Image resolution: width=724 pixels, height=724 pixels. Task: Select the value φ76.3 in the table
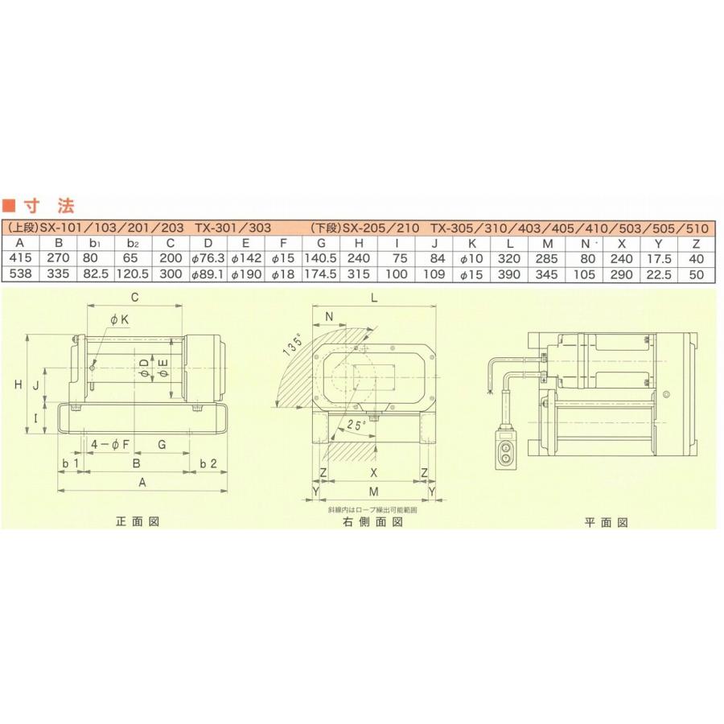(x=208, y=259)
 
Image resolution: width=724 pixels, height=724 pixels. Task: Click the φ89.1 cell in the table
(x=208, y=274)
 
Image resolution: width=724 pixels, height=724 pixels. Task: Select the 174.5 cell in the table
(x=323, y=274)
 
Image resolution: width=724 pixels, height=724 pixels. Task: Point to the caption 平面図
(x=606, y=522)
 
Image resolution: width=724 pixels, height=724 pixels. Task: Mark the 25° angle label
(x=355, y=424)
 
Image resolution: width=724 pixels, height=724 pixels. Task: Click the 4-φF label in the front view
(x=110, y=444)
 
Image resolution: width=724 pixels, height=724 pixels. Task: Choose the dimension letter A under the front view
(x=142, y=483)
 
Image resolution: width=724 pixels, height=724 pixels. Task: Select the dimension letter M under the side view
(x=373, y=490)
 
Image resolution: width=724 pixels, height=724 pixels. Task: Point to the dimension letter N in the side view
(x=328, y=316)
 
